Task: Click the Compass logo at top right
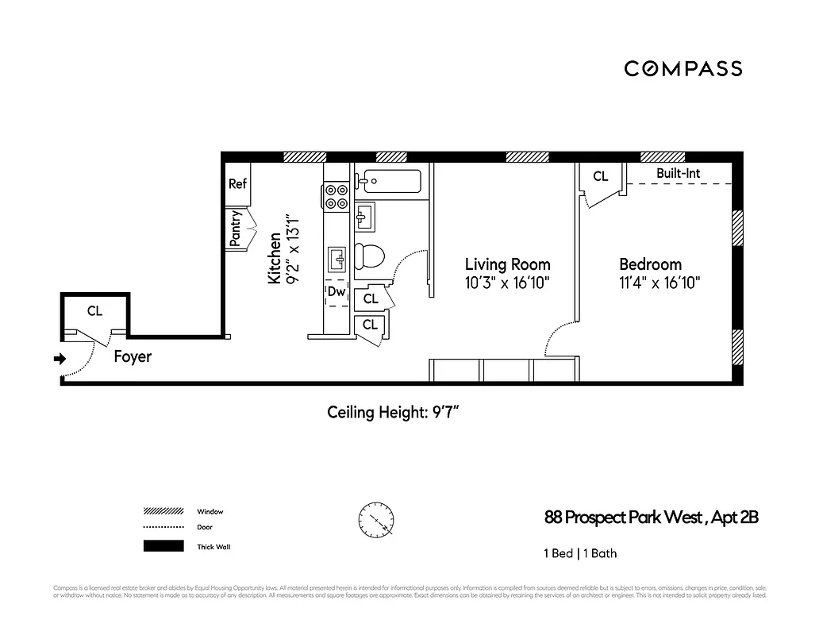[x=683, y=69]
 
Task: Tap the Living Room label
[x=507, y=264]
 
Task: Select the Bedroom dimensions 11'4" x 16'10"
[x=660, y=283]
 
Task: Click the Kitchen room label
[x=275, y=259]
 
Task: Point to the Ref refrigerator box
[x=237, y=183]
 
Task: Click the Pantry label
[x=236, y=229]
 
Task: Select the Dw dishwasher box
[x=337, y=292]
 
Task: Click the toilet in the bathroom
[x=370, y=255]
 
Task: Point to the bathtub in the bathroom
[x=389, y=181]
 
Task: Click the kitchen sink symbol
[x=337, y=258]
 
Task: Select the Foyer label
[x=133, y=357]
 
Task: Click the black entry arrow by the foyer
[x=59, y=360]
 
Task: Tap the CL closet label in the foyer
[x=94, y=311]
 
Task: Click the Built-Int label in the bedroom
[x=678, y=173]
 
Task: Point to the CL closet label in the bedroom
[x=601, y=176]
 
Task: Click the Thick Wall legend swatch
[x=163, y=546]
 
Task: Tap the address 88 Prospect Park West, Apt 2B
[x=651, y=518]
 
